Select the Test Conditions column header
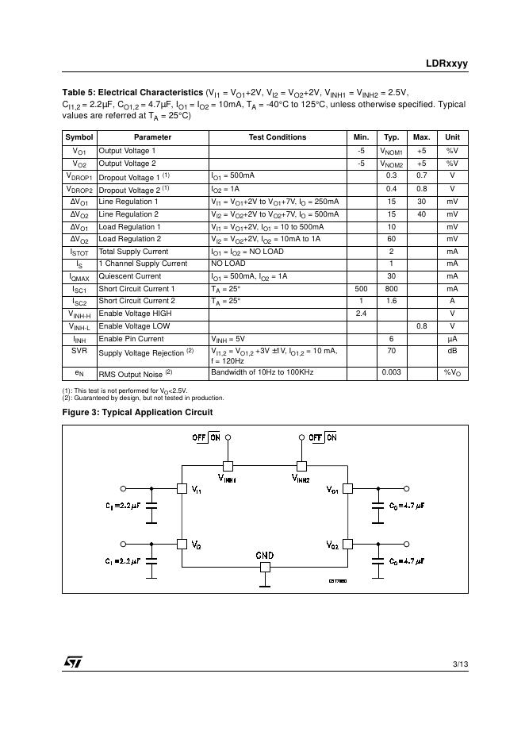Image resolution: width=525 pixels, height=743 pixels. pyautogui.click(x=277, y=137)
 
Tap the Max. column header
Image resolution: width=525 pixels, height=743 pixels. pyautogui.click(x=421, y=137)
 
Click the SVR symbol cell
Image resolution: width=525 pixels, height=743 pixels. pyautogui.click(x=79, y=350)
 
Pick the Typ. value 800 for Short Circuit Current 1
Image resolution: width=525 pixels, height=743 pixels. pyautogui.click(x=391, y=289)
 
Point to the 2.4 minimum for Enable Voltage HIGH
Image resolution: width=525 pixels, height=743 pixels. pyautogui.click(x=361, y=314)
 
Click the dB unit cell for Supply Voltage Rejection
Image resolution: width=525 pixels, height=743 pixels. pyautogui.click(x=452, y=350)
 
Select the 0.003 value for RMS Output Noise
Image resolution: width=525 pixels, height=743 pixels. pyautogui.click(x=391, y=371)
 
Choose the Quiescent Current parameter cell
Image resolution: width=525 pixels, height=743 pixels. pyautogui.click(x=130, y=276)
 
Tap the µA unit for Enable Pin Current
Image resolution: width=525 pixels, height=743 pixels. pyautogui.click(x=452, y=339)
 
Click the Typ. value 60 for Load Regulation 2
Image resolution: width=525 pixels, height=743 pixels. pyautogui.click(x=391, y=239)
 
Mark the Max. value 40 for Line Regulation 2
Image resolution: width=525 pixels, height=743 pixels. pyautogui.click(x=421, y=214)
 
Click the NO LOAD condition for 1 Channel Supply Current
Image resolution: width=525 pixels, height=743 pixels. pyautogui.click(x=228, y=264)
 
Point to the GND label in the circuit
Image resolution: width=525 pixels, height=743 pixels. pyautogui.click(x=265, y=556)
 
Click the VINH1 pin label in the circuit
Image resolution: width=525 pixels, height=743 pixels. pyautogui.click(x=229, y=479)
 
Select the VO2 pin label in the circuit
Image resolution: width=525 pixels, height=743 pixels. pyautogui.click(x=332, y=545)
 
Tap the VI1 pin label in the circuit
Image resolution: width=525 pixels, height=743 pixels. pyautogui.click(x=196, y=490)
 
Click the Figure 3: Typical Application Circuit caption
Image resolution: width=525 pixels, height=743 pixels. pyautogui.click(x=137, y=412)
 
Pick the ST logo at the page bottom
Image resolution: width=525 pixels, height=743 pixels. pyautogui.click(x=74, y=662)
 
